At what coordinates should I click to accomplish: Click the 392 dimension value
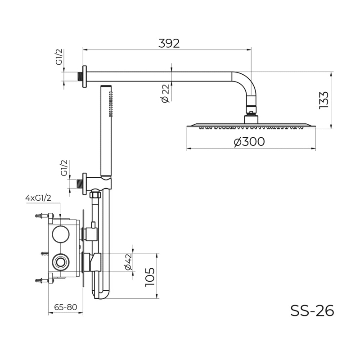tap(169, 43)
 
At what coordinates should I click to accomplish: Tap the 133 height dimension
tap(324, 100)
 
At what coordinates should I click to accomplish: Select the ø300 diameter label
tap(249, 142)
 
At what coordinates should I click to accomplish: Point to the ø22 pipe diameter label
tap(165, 93)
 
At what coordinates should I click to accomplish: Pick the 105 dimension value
tap(150, 277)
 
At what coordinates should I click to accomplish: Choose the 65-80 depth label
tap(65, 307)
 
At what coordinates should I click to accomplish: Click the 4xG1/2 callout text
tap(38, 198)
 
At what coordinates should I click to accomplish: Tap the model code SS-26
tap(312, 311)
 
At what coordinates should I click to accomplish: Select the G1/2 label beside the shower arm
tap(59, 57)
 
